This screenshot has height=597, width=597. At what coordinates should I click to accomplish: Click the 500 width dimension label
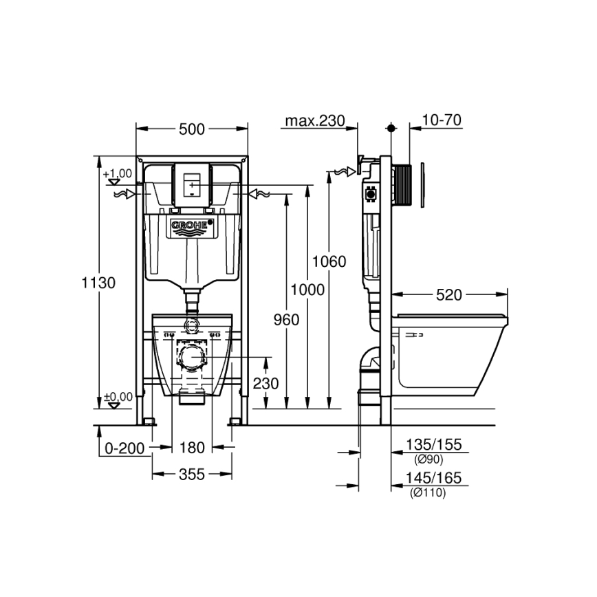coord(191,129)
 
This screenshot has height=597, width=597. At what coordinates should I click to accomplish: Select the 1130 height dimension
coord(98,282)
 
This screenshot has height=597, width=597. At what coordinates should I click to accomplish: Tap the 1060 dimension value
coord(329,261)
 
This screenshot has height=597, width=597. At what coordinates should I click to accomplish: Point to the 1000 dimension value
coord(307,290)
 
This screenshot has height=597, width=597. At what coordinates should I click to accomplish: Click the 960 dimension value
coord(285,320)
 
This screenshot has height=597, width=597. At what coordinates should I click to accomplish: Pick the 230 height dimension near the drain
coord(265,383)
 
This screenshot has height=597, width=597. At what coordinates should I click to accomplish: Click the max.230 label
coord(314,121)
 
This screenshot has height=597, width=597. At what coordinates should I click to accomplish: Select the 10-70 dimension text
coord(441,120)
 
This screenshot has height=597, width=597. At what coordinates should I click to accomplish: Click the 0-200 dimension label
coord(124,448)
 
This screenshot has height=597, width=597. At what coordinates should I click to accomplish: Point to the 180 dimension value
coord(193,448)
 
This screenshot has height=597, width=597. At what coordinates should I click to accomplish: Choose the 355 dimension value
coord(192,474)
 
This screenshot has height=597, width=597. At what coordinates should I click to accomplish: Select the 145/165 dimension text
coord(434,478)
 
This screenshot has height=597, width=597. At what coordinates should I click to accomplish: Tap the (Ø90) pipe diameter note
coord(428,460)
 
